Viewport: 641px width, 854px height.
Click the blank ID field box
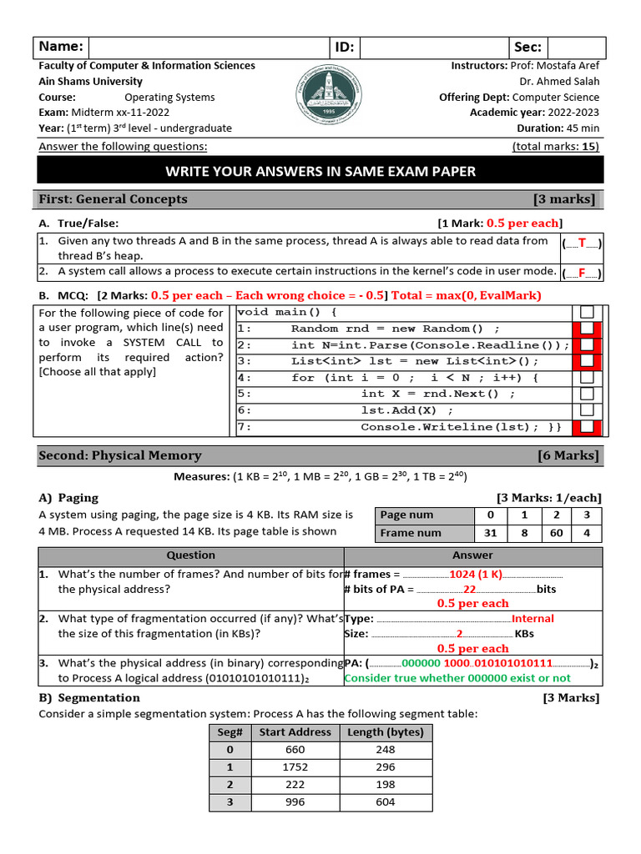coord(435,47)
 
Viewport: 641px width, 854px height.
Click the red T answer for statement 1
coord(582,243)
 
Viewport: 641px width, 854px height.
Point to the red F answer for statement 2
coord(582,273)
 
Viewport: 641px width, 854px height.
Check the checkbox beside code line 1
coord(587,329)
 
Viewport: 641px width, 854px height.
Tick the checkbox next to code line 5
coord(587,394)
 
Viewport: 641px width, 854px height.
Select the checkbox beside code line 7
coord(587,427)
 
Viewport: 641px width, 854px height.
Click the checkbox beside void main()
coord(587,312)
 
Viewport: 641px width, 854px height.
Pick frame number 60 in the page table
coord(556,533)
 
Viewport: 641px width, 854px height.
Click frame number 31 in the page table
coord(491,533)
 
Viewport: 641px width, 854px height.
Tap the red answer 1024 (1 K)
coord(476,574)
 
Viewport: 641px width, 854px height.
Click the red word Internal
coord(532,619)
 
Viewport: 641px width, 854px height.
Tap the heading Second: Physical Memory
coord(119,455)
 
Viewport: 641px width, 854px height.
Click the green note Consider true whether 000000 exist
coord(457,678)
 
